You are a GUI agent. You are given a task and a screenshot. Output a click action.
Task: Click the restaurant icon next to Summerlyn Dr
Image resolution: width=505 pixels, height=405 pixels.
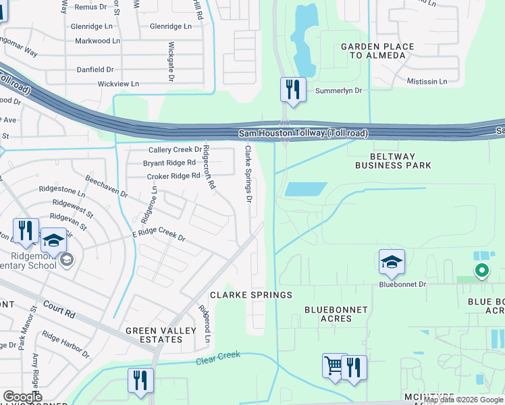(x=293, y=89)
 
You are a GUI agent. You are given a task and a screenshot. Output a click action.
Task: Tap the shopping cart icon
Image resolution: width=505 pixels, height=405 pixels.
(x=334, y=367)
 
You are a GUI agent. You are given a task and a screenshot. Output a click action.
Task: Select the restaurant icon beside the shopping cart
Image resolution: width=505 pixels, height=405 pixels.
(x=354, y=367)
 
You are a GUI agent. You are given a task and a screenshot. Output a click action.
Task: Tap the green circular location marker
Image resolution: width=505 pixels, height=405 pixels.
(x=481, y=272)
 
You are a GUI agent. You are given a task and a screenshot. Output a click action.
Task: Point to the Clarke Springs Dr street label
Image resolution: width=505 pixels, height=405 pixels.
(x=248, y=174)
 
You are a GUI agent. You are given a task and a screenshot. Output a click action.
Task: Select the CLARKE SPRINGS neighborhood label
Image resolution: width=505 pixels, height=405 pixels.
(x=251, y=295)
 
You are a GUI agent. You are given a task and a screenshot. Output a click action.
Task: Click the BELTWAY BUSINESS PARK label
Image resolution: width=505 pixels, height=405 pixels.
(x=393, y=160)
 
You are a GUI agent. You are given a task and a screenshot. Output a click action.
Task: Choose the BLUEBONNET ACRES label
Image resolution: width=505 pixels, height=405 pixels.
(x=336, y=315)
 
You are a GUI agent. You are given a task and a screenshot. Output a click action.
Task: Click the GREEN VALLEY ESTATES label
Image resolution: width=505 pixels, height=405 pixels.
(x=154, y=335)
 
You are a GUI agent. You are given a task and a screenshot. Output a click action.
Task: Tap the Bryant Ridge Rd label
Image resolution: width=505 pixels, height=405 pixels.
(x=169, y=163)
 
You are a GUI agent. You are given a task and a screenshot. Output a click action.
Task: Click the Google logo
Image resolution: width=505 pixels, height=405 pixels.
(x=23, y=397)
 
